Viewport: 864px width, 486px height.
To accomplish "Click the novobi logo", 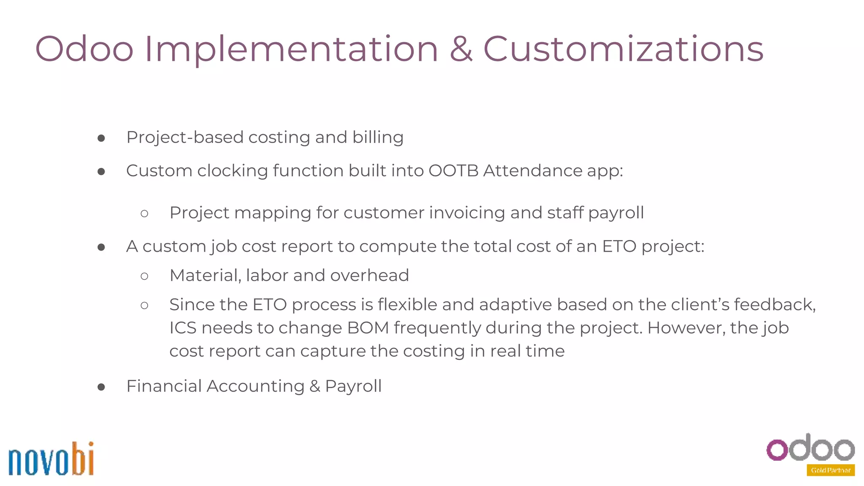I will (51, 459).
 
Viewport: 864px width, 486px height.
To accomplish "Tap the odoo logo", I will (810, 448).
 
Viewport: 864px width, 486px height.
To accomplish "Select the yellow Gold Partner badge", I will (830, 470).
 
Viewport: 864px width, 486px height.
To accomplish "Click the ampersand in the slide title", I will (461, 49).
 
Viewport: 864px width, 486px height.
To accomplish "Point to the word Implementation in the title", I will (291, 50).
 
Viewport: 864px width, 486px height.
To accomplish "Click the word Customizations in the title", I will (623, 49).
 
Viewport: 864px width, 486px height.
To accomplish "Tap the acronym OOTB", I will (453, 171).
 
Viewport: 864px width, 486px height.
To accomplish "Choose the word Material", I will (205, 275).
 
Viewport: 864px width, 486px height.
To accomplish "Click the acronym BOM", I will (368, 328).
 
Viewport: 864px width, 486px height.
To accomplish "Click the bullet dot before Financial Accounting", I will (101, 387).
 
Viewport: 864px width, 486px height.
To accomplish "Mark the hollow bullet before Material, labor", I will (144, 276).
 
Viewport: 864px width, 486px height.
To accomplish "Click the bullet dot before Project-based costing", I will (101, 138).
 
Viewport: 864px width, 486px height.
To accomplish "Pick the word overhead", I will (369, 275).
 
